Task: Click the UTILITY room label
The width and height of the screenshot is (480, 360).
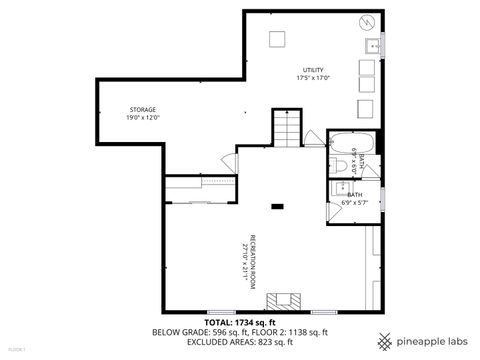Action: coord(313,69)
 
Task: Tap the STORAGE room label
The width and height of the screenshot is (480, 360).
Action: coord(143,109)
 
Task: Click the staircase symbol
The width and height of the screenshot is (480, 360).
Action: coord(286,127)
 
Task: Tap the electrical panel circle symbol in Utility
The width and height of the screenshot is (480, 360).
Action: coord(366,21)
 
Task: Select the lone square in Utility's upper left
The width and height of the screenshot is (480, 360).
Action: coord(278,39)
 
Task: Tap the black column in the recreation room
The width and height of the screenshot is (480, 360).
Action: coord(278,207)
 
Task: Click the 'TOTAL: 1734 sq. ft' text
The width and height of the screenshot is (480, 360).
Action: coord(240,322)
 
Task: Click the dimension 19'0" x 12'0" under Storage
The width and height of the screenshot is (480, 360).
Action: coord(143,118)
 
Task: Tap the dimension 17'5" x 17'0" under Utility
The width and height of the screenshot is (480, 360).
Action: coord(313,78)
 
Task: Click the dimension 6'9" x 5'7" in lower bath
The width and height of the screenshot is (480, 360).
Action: coord(355,203)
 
